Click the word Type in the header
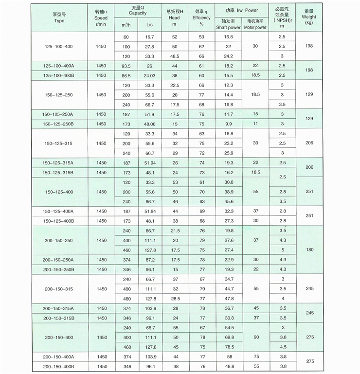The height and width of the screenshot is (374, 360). tap(59, 21)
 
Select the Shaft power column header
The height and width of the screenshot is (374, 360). tap(228, 27)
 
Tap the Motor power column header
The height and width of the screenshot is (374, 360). tap(254, 27)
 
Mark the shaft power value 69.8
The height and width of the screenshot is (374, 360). tap(228, 337)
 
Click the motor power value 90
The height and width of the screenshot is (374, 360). tap(254, 337)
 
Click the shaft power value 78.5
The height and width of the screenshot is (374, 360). tap(228, 347)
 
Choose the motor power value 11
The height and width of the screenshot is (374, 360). tap(254, 124)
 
